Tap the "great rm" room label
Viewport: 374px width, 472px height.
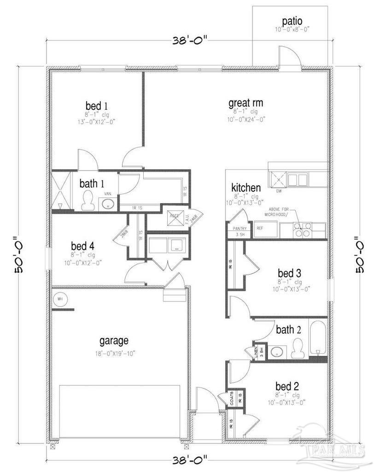click(x=245, y=103)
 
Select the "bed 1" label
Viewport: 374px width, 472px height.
click(x=96, y=106)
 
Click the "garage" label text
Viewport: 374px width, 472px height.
click(x=114, y=341)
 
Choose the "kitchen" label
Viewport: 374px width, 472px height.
click(x=246, y=188)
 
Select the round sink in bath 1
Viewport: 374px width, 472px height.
click(x=108, y=204)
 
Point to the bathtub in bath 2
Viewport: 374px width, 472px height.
click(x=318, y=339)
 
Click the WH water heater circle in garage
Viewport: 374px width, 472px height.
click(x=60, y=299)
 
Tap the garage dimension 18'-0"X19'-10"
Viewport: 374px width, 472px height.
click(x=113, y=354)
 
